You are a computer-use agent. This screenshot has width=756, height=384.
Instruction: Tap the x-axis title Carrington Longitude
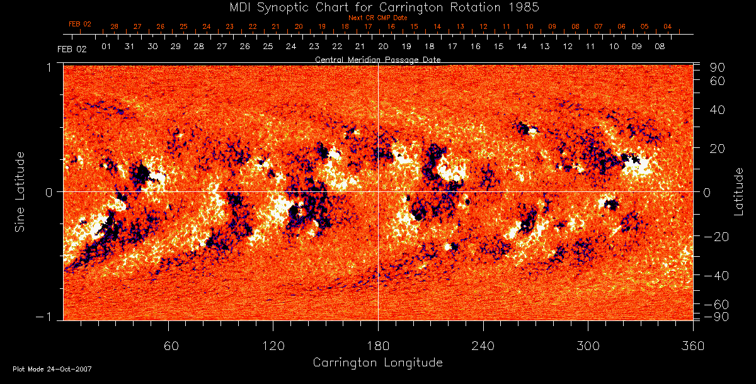click(377, 363)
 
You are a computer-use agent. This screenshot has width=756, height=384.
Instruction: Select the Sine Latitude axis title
click(20, 191)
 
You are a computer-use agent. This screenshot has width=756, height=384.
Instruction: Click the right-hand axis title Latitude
click(738, 191)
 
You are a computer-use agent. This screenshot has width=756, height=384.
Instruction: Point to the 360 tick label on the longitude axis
click(693, 346)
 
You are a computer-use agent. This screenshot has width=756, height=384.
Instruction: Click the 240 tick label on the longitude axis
click(483, 346)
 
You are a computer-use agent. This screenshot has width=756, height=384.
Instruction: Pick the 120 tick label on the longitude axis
click(273, 346)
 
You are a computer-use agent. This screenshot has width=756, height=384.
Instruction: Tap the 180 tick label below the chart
click(378, 346)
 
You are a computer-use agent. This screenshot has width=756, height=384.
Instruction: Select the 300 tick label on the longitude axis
click(588, 346)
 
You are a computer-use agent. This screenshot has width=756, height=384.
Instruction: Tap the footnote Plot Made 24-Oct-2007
click(52, 369)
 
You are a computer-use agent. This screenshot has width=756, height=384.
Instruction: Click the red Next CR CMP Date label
click(377, 18)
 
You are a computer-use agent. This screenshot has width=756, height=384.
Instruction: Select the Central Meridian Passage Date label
click(377, 59)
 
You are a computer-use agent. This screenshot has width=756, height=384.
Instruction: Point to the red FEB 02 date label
click(80, 24)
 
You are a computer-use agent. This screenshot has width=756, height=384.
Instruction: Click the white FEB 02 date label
click(72, 48)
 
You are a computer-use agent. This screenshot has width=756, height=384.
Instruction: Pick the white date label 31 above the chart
click(129, 47)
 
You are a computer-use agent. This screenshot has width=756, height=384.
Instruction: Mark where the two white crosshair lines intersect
click(378, 191)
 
